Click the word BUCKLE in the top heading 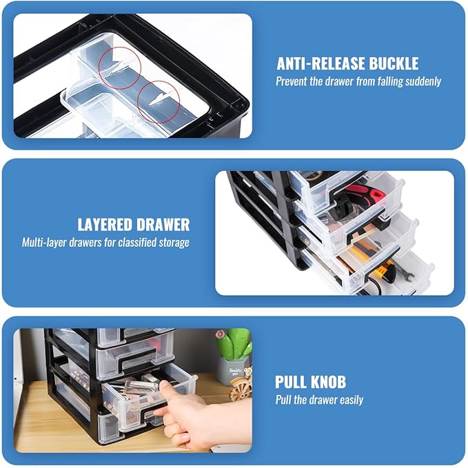coord(394,63)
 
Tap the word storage coord(174,243)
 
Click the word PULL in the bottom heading coord(291,382)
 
